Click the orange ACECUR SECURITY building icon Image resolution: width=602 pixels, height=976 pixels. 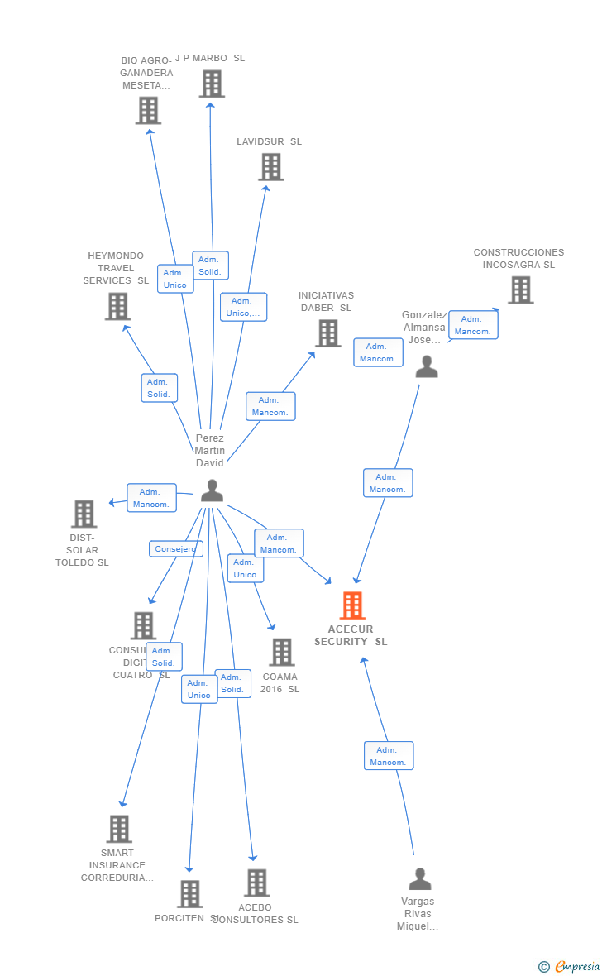pyautogui.click(x=352, y=605)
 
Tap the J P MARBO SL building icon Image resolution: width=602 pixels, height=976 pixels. pyautogui.click(x=212, y=84)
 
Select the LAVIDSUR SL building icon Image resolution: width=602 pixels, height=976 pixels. pyautogui.click(x=271, y=167)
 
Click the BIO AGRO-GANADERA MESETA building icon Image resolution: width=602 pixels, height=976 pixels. pyautogui.click(x=148, y=110)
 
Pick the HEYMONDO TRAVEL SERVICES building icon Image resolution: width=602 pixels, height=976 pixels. pyautogui.click(x=118, y=306)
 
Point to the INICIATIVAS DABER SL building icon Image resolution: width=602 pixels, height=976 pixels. pyautogui.click(x=328, y=333)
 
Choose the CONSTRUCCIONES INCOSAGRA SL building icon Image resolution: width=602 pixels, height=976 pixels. pyautogui.click(x=520, y=290)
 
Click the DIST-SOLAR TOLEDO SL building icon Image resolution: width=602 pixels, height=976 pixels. pyautogui.click(x=84, y=514)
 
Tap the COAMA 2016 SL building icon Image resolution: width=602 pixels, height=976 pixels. pyautogui.click(x=282, y=652)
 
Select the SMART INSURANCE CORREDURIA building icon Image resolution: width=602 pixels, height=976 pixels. pyautogui.click(x=119, y=829)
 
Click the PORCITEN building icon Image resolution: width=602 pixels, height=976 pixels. pyautogui.click(x=190, y=893)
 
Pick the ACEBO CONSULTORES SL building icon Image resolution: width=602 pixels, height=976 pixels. pyautogui.click(x=256, y=883)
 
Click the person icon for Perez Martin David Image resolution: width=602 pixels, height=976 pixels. pyautogui.click(x=212, y=490)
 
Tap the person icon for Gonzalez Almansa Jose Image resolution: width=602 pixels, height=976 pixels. pyautogui.click(x=427, y=366)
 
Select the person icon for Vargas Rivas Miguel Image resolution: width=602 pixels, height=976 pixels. pyautogui.click(x=420, y=878)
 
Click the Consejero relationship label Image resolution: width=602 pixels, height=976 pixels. pyautogui.click(x=175, y=549)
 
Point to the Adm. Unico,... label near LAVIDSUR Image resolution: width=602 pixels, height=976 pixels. pyautogui.click(x=243, y=307)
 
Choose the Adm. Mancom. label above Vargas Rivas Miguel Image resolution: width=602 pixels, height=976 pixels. pyautogui.click(x=389, y=756)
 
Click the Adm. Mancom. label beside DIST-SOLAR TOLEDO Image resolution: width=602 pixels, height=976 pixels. pyautogui.click(x=151, y=498)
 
